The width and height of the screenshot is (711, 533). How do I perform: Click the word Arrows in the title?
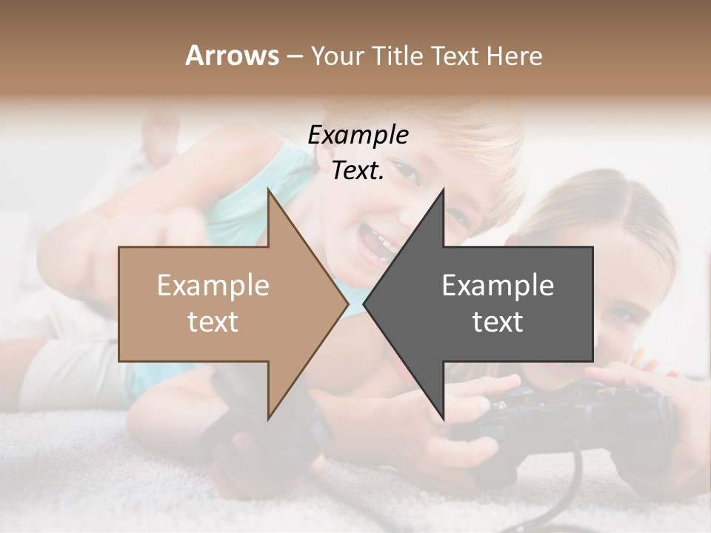pyautogui.click(x=232, y=56)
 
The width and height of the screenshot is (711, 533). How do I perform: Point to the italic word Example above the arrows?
pyautogui.click(x=358, y=135)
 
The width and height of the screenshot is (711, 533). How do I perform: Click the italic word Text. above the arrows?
pyautogui.click(x=358, y=171)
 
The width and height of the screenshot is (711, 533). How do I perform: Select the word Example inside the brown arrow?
pyautogui.click(x=213, y=286)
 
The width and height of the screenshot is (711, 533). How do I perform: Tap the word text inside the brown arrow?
pyautogui.click(x=213, y=322)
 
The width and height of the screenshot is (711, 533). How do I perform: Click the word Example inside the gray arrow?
pyautogui.click(x=498, y=286)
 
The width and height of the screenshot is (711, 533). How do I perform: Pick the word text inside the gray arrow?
pyautogui.click(x=498, y=322)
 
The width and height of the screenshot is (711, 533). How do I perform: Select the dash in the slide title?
pyautogui.click(x=294, y=56)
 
